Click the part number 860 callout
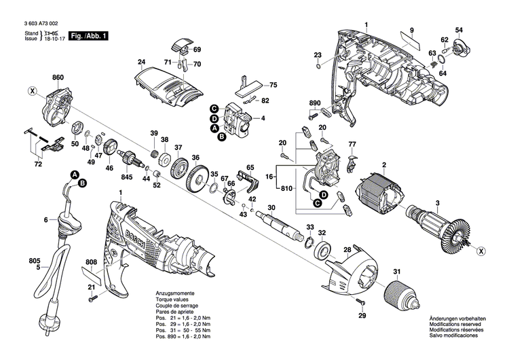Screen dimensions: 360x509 click(x=57, y=79)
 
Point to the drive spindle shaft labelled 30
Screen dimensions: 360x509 click(x=281, y=226)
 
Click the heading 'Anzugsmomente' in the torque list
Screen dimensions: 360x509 click(x=176, y=292)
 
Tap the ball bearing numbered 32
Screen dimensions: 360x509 click(x=322, y=246)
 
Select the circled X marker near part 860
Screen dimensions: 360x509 click(x=31, y=90)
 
